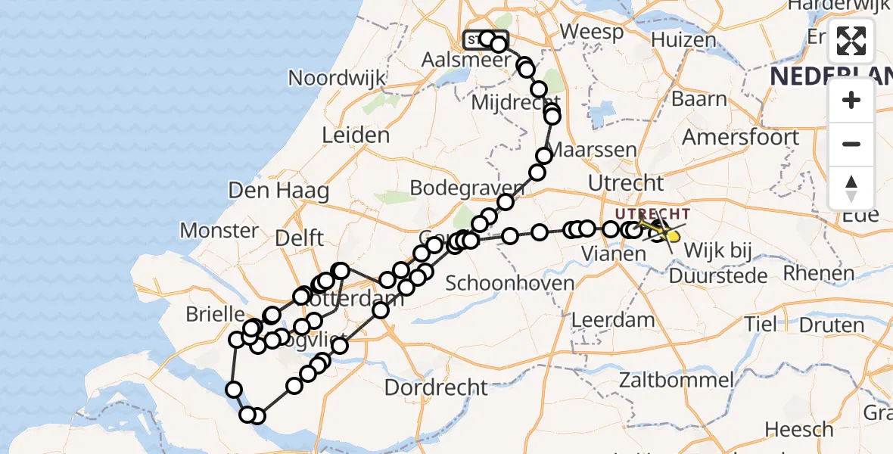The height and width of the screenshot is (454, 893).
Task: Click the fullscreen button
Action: coord(851,41)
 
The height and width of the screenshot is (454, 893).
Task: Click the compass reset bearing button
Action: coord(851,187)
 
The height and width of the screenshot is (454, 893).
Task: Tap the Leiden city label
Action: coord(356,136)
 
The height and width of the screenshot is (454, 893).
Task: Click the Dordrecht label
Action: coord(436,388)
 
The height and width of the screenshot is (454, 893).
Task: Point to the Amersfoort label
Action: coord(740,138)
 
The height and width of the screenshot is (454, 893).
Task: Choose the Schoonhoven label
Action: coord(510,284)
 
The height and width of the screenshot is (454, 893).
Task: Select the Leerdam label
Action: coord(613,319)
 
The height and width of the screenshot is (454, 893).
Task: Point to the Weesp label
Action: coord(592,33)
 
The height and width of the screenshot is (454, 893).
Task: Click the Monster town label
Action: coord(219,230)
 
